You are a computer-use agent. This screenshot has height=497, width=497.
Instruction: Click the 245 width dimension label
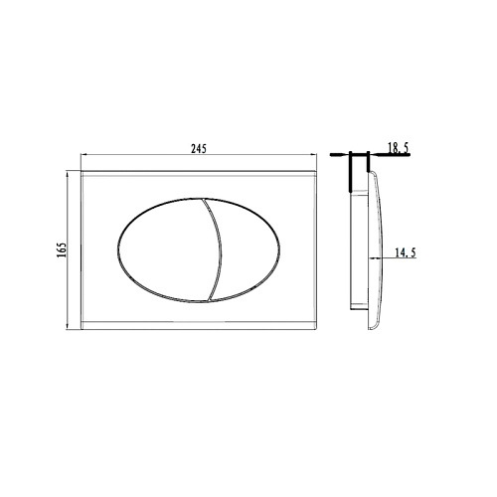pyautogui.click(x=199, y=149)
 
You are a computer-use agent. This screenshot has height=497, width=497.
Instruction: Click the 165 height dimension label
pyautogui.click(x=62, y=249)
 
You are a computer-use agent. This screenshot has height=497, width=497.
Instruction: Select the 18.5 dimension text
pyautogui.click(x=398, y=148)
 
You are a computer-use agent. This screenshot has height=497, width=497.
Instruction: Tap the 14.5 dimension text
pyautogui.click(x=405, y=252)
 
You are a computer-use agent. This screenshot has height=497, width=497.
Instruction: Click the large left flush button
pyautogui.click(x=167, y=250)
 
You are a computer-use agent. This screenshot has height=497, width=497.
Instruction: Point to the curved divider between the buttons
pyautogui.click(x=217, y=250)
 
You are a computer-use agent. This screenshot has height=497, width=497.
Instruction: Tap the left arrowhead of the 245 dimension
pyautogui.click(x=83, y=154)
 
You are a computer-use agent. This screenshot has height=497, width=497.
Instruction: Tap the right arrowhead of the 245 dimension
pyautogui.click(x=314, y=154)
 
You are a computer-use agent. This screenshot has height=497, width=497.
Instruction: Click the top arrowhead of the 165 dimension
pyautogui.click(x=68, y=174)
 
